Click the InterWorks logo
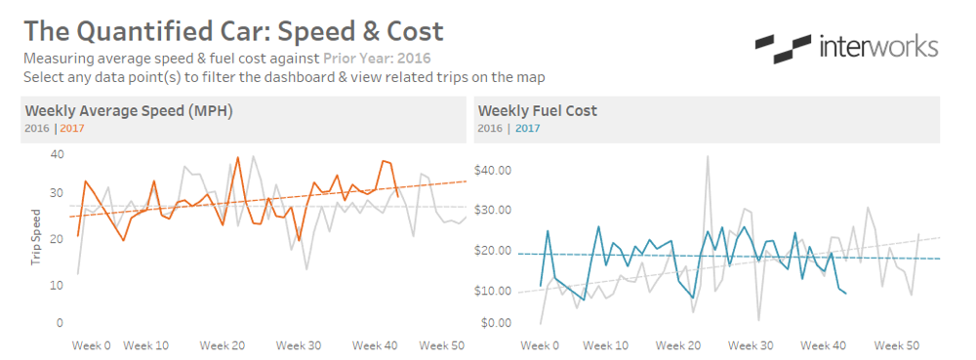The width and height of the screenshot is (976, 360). (847, 47)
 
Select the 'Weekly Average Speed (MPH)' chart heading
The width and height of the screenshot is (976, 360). (129, 110)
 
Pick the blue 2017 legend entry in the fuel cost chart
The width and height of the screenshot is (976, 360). (527, 128)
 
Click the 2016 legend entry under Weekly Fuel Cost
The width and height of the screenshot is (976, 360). (490, 128)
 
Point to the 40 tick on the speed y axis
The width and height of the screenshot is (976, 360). (57, 154)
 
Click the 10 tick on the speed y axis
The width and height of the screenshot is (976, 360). (57, 285)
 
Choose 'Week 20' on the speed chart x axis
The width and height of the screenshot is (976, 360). (222, 345)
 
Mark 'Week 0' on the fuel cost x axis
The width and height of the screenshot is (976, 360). (540, 345)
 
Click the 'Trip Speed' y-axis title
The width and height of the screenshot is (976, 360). (36, 237)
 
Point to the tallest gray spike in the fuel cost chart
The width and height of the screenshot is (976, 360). (708, 157)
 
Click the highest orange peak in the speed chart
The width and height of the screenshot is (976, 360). (238, 158)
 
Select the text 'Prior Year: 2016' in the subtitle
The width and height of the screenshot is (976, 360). (376, 59)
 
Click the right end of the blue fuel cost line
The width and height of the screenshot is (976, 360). (845, 294)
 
